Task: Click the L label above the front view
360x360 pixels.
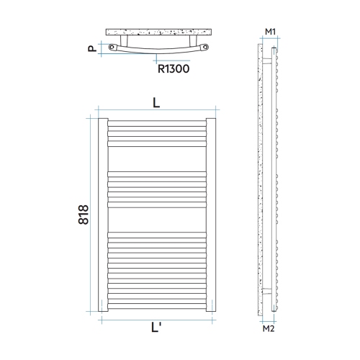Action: coord(156,103)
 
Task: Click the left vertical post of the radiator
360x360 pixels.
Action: coord(104,215)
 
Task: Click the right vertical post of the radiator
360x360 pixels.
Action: coord(210,215)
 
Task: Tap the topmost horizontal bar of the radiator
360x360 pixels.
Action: coord(157,122)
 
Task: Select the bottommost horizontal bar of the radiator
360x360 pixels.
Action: coord(157,307)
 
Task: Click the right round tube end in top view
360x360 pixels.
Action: coord(205,49)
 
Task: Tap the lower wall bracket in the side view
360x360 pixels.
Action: coord(268,290)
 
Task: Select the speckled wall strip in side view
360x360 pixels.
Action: coord(260,180)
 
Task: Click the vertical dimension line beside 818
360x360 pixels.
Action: coord(95,215)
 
